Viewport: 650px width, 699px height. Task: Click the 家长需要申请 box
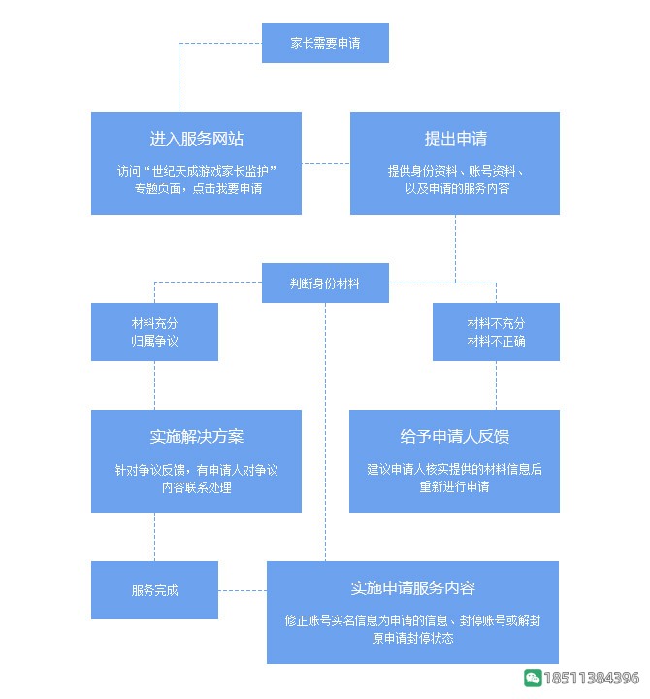[325, 44]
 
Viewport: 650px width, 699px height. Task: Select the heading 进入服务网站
[196, 139]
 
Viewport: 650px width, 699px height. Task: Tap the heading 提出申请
[454, 139]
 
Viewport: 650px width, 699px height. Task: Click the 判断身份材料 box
[325, 283]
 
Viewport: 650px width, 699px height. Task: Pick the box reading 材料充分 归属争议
[154, 332]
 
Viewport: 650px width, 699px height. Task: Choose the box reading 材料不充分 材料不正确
[496, 332]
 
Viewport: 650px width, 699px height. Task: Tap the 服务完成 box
[154, 590]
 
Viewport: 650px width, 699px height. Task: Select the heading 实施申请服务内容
[412, 588]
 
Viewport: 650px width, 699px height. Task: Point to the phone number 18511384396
[592, 678]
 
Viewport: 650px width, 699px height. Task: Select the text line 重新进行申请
[454, 486]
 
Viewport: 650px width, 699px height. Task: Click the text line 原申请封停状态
[412, 639]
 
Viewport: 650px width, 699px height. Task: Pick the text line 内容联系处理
[196, 487]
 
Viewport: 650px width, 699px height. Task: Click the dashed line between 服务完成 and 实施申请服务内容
[243, 590]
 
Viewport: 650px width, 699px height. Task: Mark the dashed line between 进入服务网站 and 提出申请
[325, 163]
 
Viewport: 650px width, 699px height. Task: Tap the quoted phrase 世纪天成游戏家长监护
[210, 171]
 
